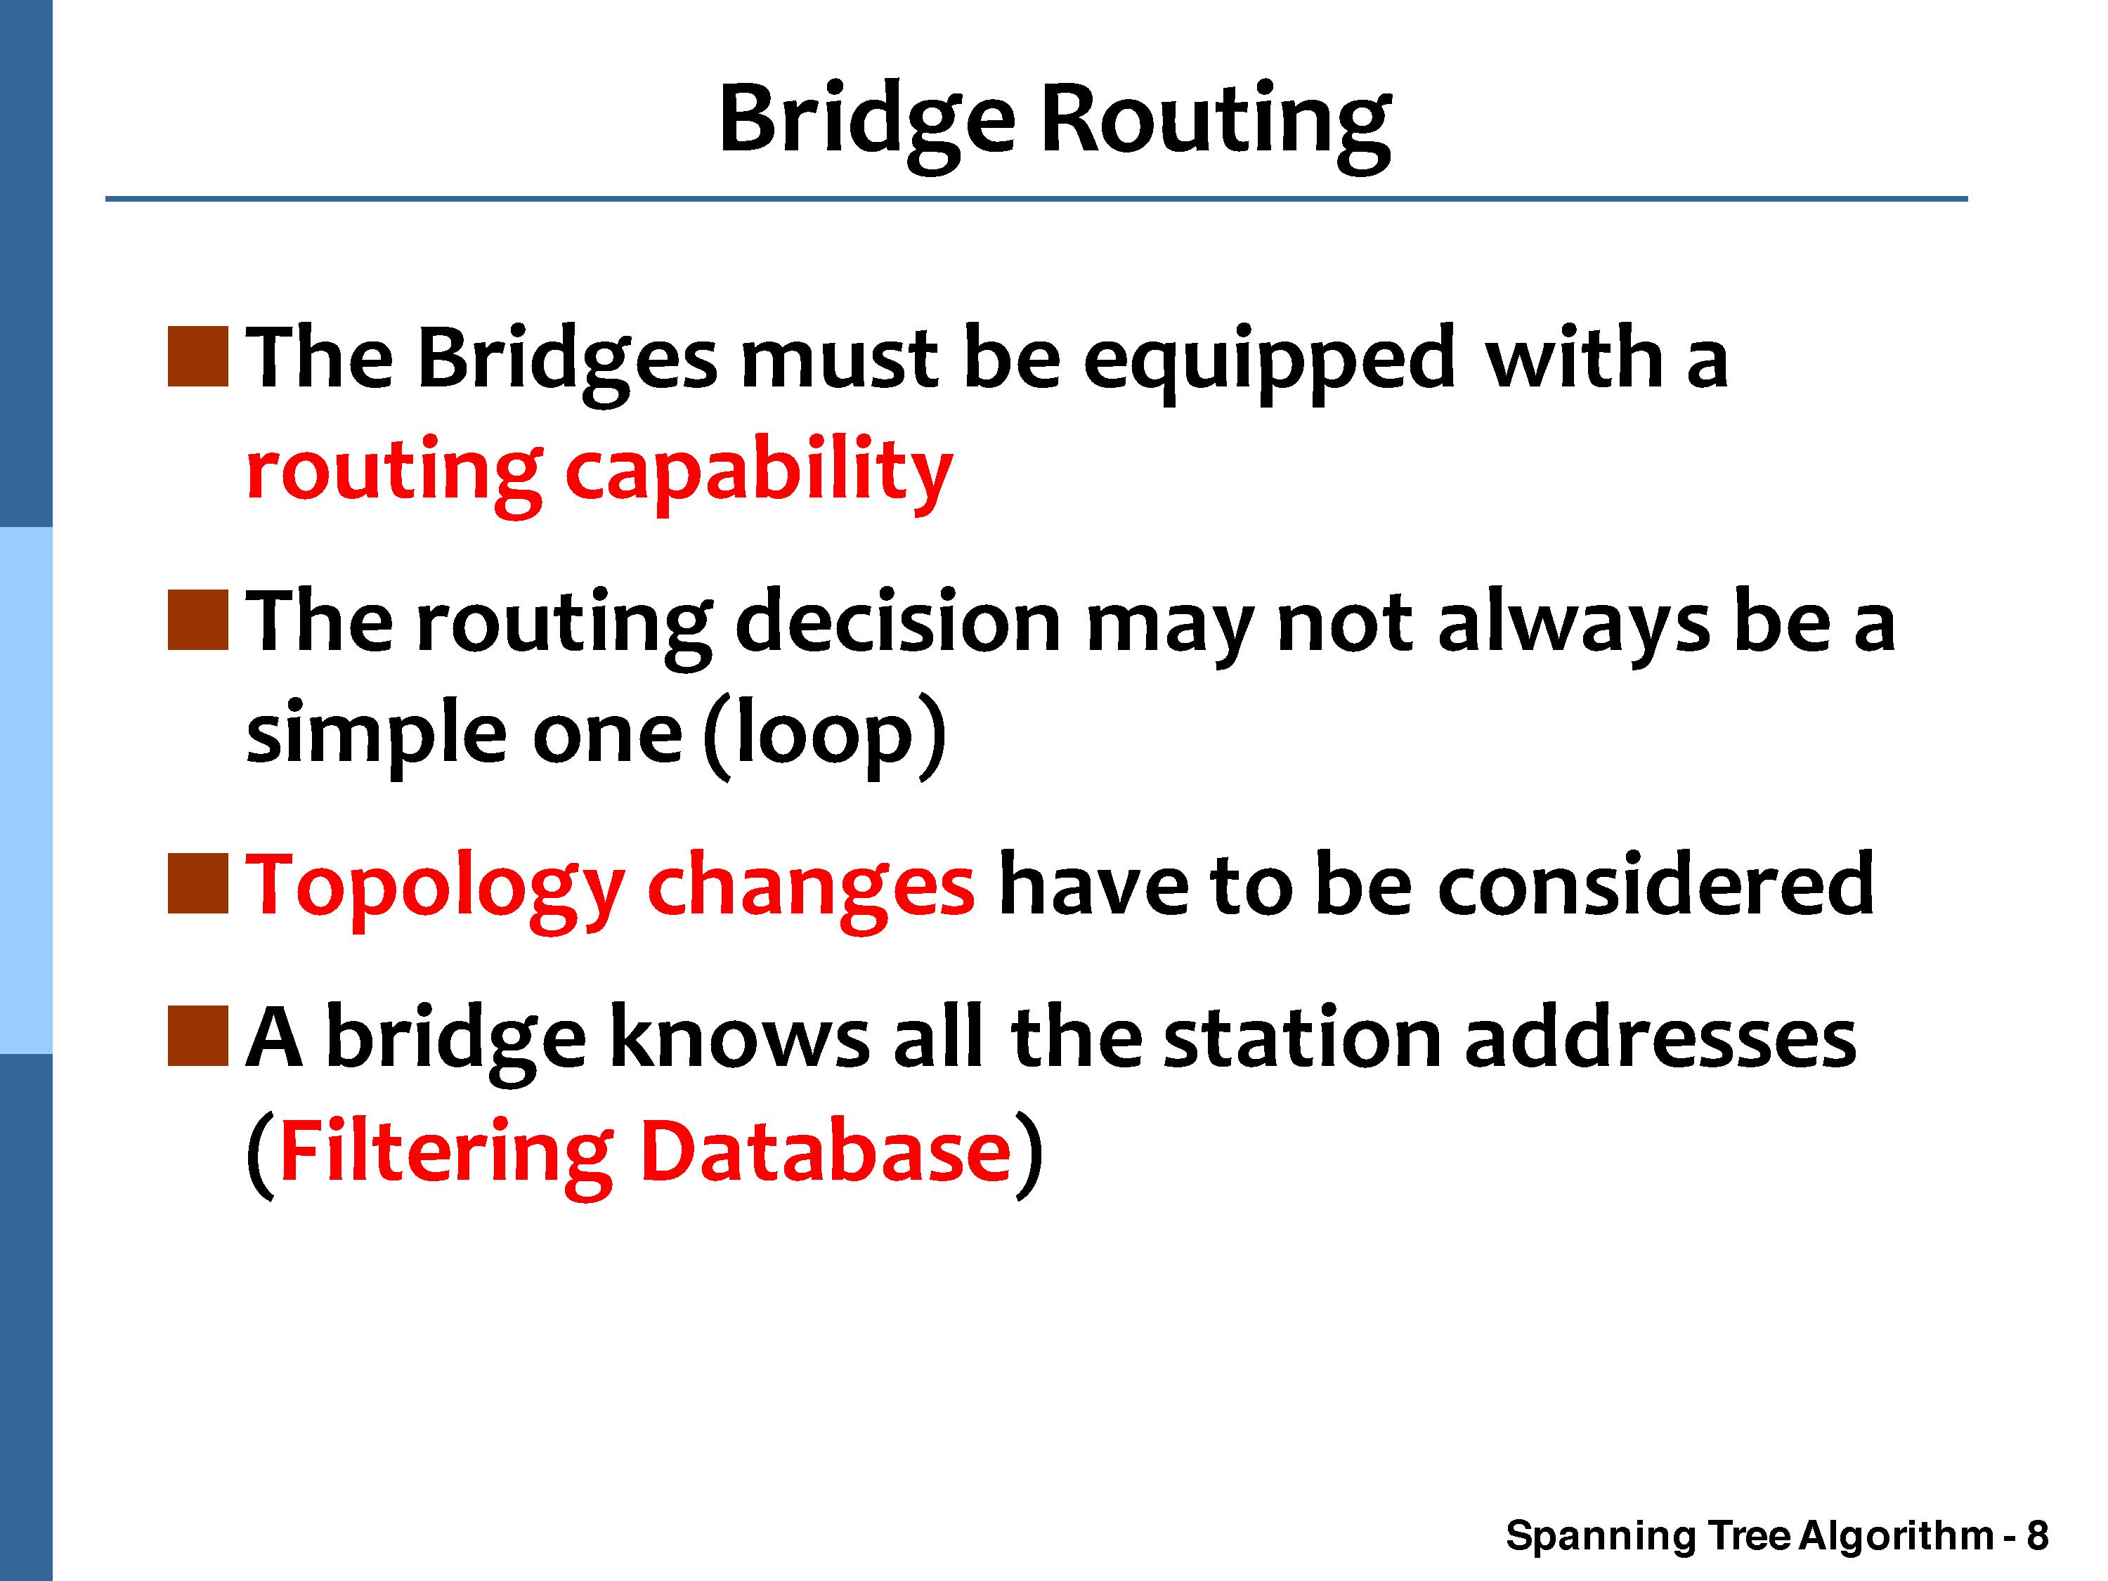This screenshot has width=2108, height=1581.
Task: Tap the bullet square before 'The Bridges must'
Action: [x=198, y=358]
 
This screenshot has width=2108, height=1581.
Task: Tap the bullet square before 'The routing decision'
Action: [x=198, y=620]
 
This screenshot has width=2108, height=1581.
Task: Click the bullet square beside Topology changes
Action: [x=198, y=883]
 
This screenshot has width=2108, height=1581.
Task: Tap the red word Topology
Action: [x=434, y=891]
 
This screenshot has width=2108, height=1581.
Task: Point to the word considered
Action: [x=1656, y=885]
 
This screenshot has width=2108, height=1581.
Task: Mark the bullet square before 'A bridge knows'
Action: [x=198, y=1035]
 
